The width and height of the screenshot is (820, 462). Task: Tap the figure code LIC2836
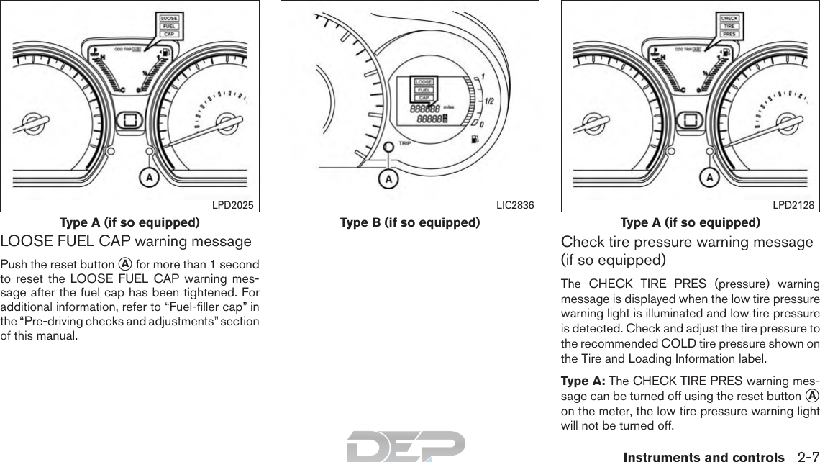[x=515, y=205]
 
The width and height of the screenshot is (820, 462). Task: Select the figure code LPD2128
[x=793, y=205]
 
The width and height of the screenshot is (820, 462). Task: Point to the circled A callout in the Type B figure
[x=388, y=178]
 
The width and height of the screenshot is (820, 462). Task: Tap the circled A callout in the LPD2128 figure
[x=709, y=177]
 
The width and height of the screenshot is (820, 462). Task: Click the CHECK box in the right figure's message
[x=729, y=18]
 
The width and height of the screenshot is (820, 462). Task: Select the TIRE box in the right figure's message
[x=729, y=26]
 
